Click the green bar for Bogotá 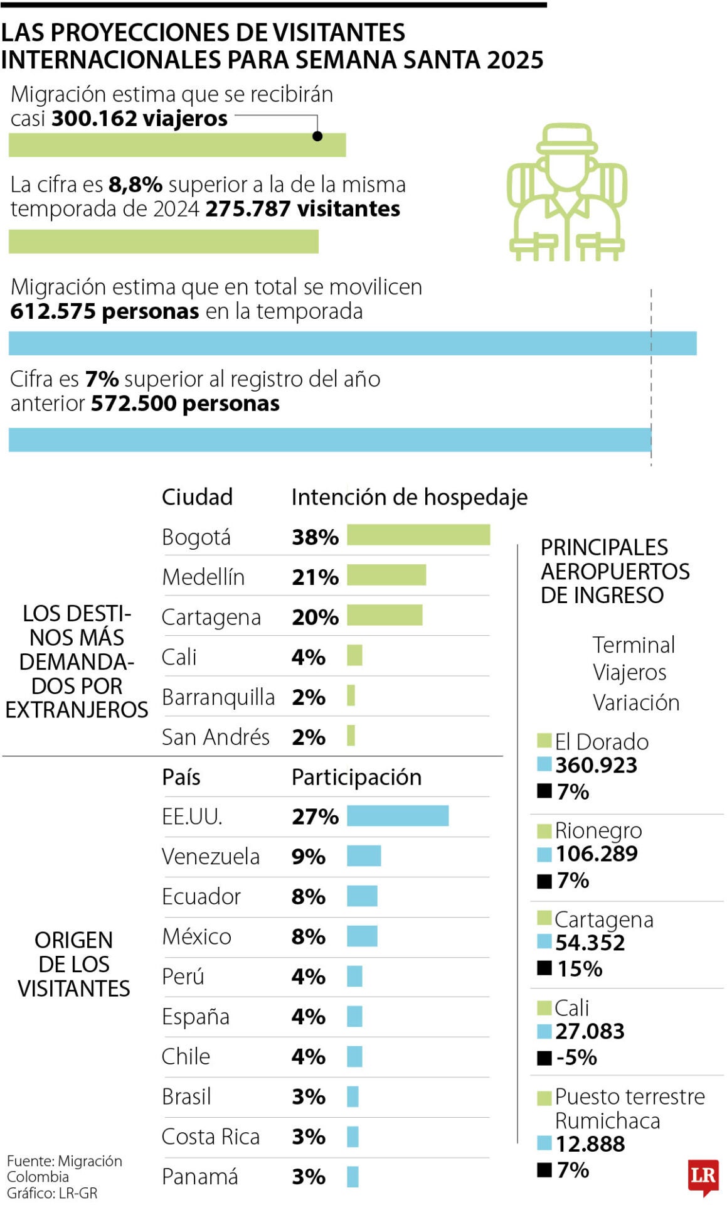[x=418, y=535]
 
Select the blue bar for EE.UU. [x=397, y=815]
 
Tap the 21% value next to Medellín [x=314, y=577]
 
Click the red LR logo [x=703, y=1175]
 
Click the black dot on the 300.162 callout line [x=317, y=136]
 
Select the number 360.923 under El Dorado [x=595, y=765]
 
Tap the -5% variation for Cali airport [x=576, y=1058]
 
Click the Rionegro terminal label [x=598, y=830]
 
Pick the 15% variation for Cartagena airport [x=579, y=968]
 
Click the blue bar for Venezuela [x=364, y=855]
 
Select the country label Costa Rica [x=210, y=1137]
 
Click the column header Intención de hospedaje [x=409, y=497]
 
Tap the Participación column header [x=356, y=777]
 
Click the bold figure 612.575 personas [x=104, y=311]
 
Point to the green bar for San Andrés [x=351, y=735]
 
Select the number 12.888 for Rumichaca [x=590, y=1143]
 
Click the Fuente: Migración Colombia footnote [x=64, y=1168]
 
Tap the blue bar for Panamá [x=353, y=1177]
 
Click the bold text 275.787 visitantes [x=302, y=209]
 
